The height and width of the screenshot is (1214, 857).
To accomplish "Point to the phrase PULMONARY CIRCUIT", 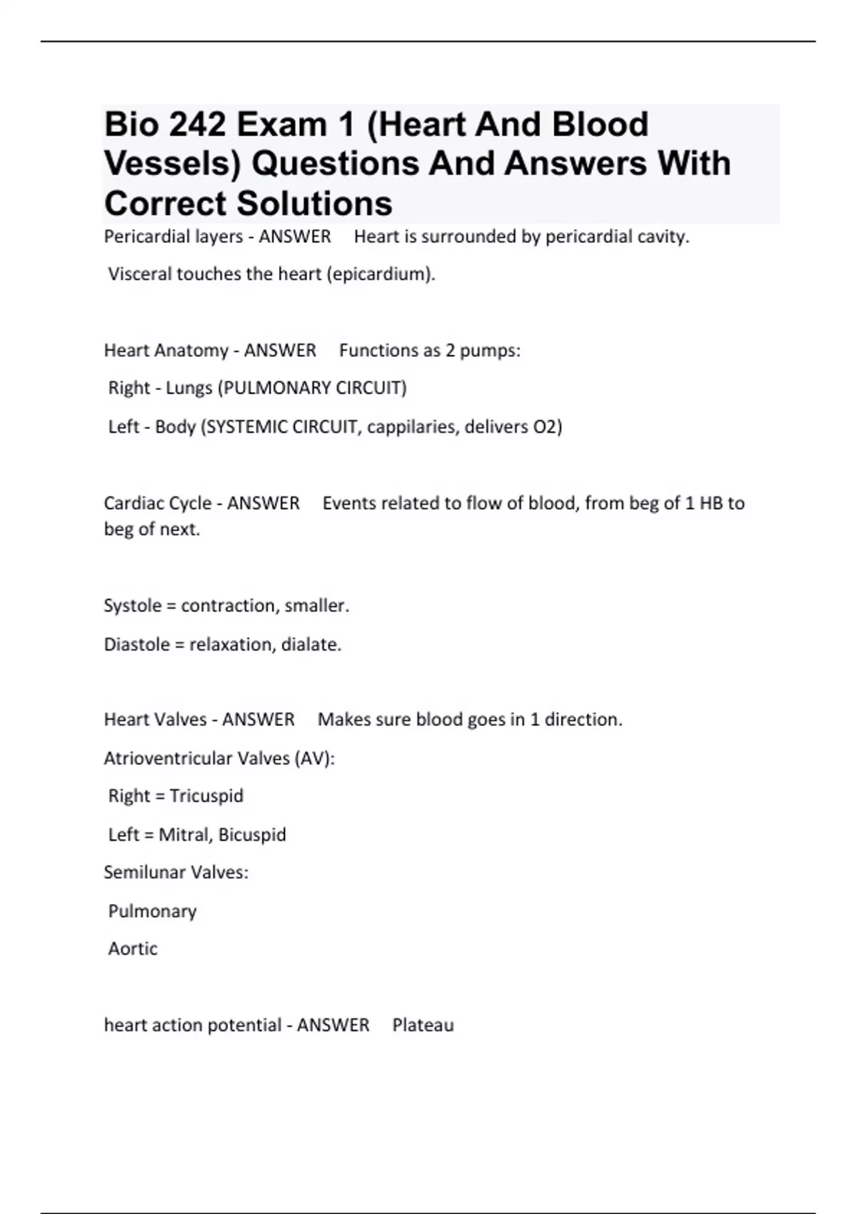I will (x=312, y=388).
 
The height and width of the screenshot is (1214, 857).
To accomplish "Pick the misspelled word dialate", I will (x=311, y=644).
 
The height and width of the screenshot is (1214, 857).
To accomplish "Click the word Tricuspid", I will (x=206, y=796).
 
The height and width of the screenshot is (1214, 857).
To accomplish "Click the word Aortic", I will (x=133, y=948).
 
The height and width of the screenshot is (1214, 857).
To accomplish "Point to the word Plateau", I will (x=423, y=1025).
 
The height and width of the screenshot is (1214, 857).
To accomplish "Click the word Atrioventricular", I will (x=168, y=758).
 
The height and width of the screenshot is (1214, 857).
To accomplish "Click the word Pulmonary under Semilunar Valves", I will (x=152, y=910).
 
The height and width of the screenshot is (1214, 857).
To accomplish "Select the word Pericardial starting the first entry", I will (x=138, y=236).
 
